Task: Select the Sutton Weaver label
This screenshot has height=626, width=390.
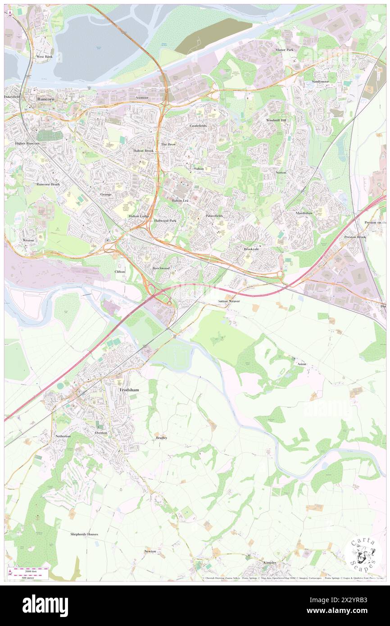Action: [x=229, y=301]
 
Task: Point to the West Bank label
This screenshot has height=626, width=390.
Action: [x=45, y=57]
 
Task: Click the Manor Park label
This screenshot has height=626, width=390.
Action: [x=285, y=50]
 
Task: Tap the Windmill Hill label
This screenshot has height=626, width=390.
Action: [x=276, y=121]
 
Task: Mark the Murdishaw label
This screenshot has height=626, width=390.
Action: [x=304, y=213]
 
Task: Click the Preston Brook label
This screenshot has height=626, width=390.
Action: [x=355, y=237]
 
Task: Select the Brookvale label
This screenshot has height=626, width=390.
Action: [x=252, y=249]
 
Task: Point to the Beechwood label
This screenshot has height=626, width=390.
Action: [x=161, y=268]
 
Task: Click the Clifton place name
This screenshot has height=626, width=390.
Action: [x=120, y=272]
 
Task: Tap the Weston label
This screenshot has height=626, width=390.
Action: [x=28, y=240]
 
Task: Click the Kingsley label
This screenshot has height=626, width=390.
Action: [x=270, y=562]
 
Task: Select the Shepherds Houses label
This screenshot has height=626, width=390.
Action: [x=84, y=534]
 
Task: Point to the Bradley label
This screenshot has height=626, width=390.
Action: [x=161, y=438]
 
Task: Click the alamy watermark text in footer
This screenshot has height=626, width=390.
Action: [x=45, y=606]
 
